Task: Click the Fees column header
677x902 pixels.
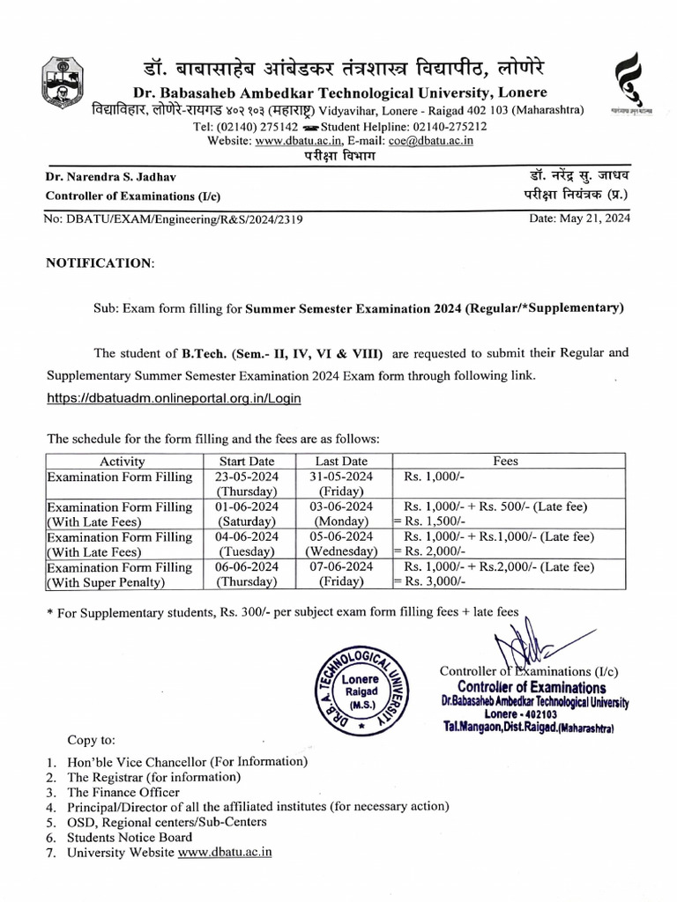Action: [506, 461]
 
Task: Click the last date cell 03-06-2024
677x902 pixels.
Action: [342, 506]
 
